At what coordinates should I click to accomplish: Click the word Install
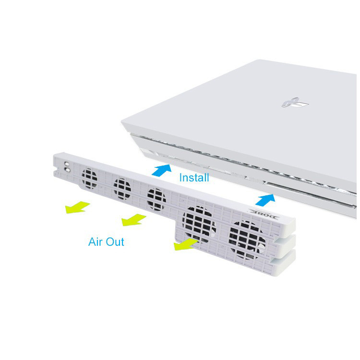[x=194, y=178]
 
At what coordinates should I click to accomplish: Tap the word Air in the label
[x=96, y=242]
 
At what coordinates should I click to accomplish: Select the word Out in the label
[x=115, y=242]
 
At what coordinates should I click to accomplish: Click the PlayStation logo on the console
[x=295, y=102]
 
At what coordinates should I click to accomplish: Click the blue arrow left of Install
[x=162, y=170]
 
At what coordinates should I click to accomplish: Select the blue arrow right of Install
[x=265, y=200]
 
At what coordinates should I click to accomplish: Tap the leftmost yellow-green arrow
[x=77, y=207]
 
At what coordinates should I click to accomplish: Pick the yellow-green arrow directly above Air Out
[x=133, y=220]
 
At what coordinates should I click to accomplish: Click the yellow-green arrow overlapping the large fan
[x=186, y=244]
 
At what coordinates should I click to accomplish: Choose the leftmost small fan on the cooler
[x=89, y=179]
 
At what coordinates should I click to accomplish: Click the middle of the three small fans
[x=122, y=189]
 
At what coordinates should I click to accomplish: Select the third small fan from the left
[x=156, y=199]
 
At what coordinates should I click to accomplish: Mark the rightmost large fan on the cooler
[x=247, y=240]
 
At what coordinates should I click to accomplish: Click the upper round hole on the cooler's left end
[x=67, y=164]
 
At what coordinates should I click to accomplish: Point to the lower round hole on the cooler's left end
[x=67, y=170]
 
